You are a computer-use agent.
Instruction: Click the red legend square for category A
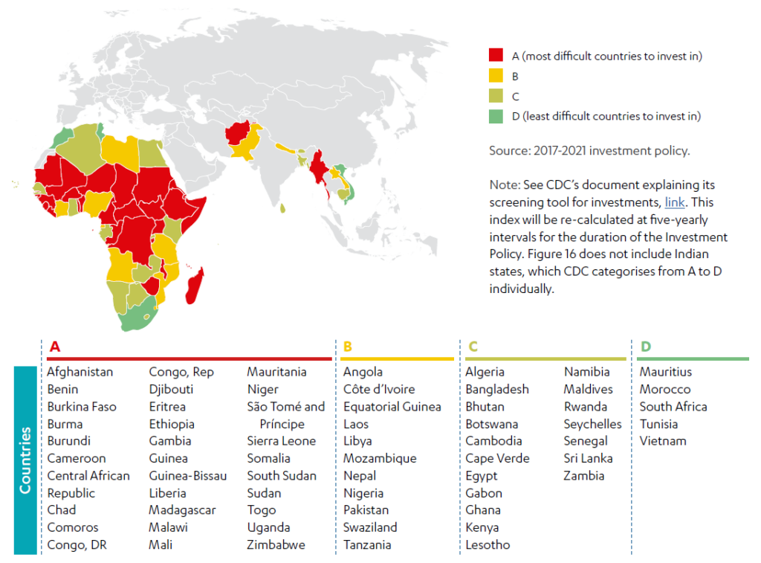pyautogui.click(x=496, y=56)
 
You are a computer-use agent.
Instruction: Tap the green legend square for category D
pyautogui.click(x=496, y=116)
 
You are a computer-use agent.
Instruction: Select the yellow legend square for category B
pyautogui.click(x=496, y=76)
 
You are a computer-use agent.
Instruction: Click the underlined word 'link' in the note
pyautogui.click(x=675, y=202)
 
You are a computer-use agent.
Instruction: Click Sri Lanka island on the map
pyautogui.click(x=283, y=208)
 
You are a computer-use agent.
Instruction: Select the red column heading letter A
pyautogui.click(x=54, y=347)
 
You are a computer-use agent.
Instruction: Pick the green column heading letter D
pyautogui.click(x=645, y=347)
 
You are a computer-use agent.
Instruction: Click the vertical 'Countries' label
pyautogui.click(x=25, y=460)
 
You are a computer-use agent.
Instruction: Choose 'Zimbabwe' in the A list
pyautogui.click(x=276, y=544)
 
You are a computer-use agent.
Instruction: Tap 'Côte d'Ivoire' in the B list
pyautogui.click(x=378, y=389)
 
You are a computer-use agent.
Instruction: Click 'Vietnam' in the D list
pyautogui.click(x=663, y=441)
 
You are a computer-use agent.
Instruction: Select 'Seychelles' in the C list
pyautogui.click(x=592, y=424)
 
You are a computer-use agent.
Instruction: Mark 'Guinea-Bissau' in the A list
pyautogui.click(x=187, y=475)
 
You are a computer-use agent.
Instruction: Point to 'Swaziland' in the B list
pyautogui.click(x=370, y=527)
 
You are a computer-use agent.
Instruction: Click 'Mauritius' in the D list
pyautogui.click(x=665, y=372)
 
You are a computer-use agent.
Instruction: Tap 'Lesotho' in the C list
pyautogui.click(x=488, y=544)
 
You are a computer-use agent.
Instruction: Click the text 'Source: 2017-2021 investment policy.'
pyautogui.click(x=589, y=150)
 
